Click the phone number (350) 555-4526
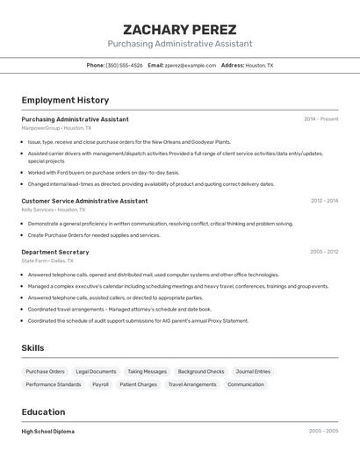point(124,65)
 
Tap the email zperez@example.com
point(190,65)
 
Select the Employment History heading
point(65,100)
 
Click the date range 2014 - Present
point(320,119)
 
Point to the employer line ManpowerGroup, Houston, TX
point(56,128)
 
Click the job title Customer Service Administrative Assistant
point(84,201)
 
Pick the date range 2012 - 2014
point(323,201)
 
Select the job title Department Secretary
point(55,252)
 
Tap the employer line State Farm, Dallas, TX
point(47,261)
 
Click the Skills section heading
point(33,348)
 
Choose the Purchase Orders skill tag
point(45,371)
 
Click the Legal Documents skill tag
point(96,371)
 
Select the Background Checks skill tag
point(201,371)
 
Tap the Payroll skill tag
point(100,384)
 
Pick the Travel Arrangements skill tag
point(191,384)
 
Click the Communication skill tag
point(245,384)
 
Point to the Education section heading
point(43,412)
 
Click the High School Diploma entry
point(47,432)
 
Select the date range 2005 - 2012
point(323,252)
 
